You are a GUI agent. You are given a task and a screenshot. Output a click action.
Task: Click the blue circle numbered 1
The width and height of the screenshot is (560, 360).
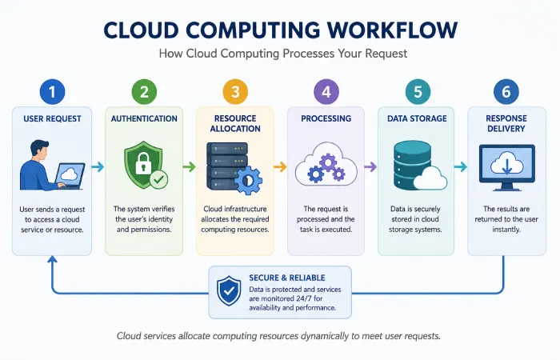53,92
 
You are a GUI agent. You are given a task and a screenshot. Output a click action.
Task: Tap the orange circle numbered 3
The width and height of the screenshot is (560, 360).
235,92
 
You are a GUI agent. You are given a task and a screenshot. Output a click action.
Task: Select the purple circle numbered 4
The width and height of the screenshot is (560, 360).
326,92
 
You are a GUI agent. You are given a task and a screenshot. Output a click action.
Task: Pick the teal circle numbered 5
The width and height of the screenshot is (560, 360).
418,92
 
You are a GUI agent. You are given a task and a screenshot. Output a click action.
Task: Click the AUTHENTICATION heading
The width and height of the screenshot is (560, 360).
144,118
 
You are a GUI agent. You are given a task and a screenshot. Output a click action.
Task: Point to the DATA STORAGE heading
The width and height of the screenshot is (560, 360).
417,118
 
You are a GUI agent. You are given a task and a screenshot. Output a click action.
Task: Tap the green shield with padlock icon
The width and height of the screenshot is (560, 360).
143,164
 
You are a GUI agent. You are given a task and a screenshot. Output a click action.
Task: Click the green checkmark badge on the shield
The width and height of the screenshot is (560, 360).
158,179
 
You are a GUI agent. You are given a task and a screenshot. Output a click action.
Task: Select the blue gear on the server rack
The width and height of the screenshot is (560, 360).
248,180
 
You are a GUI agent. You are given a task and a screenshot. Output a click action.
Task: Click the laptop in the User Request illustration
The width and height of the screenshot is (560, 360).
70,176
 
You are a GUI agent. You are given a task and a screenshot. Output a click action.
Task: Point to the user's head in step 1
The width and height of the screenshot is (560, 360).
39,150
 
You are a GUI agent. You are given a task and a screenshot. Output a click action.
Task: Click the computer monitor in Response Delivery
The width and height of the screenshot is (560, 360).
506,167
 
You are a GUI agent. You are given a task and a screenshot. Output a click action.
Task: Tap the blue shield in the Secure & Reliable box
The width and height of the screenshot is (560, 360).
229,291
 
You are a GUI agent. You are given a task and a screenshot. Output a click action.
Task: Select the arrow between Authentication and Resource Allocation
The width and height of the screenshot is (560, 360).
190,166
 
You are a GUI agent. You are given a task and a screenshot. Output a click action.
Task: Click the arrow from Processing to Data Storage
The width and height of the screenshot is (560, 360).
370,166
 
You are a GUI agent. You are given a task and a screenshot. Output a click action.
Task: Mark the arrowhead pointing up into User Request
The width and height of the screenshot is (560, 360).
53,259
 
